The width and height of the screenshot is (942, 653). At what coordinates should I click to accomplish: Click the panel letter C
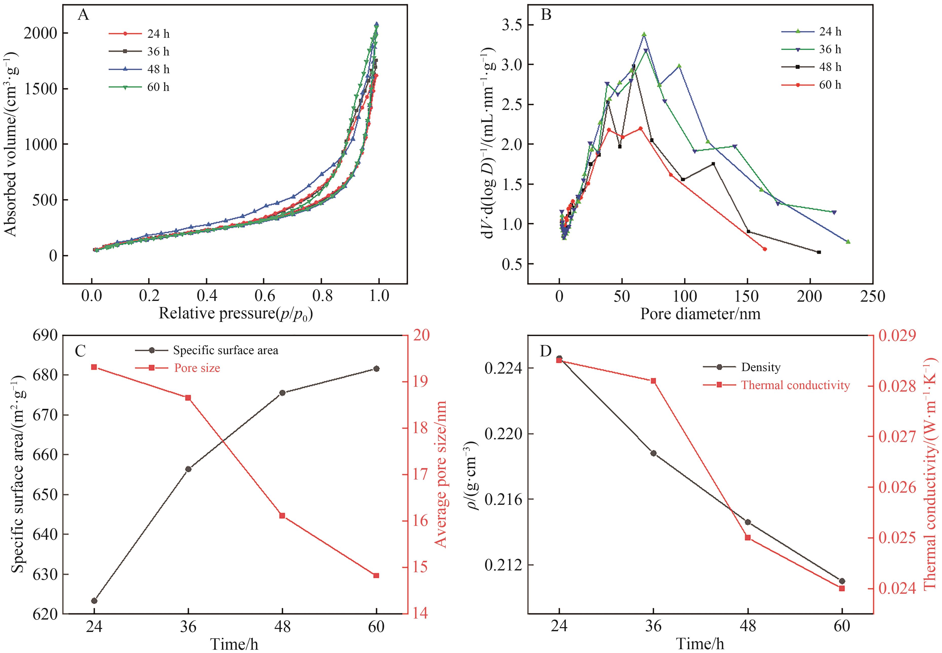click(81, 351)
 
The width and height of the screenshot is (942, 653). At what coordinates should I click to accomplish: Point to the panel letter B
click(546, 15)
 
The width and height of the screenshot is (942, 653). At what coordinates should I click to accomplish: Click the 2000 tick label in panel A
click(40, 33)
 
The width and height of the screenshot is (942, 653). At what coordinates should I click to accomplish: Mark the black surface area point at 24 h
click(94, 601)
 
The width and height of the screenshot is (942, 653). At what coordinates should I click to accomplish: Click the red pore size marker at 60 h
click(376, 575)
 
